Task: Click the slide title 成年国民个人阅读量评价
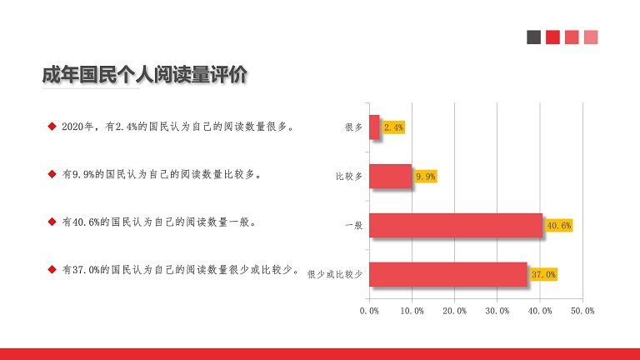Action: tap(144, 75)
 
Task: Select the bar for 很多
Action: tap(375, 127)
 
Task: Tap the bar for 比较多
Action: tap(391, 177)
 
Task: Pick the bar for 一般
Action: tap(456, 225)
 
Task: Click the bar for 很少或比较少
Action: tap(448, 274)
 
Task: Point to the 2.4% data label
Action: tap(393, 127)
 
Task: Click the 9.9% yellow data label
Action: tap(425, 177)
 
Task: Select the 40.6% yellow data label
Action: tap(559, 225)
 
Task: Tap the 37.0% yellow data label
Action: tap(543, 274)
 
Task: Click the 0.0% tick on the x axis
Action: tap(369, 311)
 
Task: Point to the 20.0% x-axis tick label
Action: tap(455, 311)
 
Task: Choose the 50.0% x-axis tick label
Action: tap(582, 311)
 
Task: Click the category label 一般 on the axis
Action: tap(354, 225)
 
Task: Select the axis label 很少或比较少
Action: tap(335, 274)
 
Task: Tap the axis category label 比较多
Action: tap(349, 177)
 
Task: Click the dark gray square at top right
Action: tap(534, 37)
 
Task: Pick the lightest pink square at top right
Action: tap(591, 37)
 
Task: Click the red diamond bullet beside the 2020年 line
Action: tap(52, 127)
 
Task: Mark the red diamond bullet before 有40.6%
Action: tap(52, 222)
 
